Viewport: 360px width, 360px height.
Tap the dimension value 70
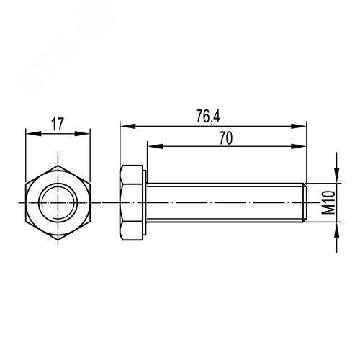point(225,138)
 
